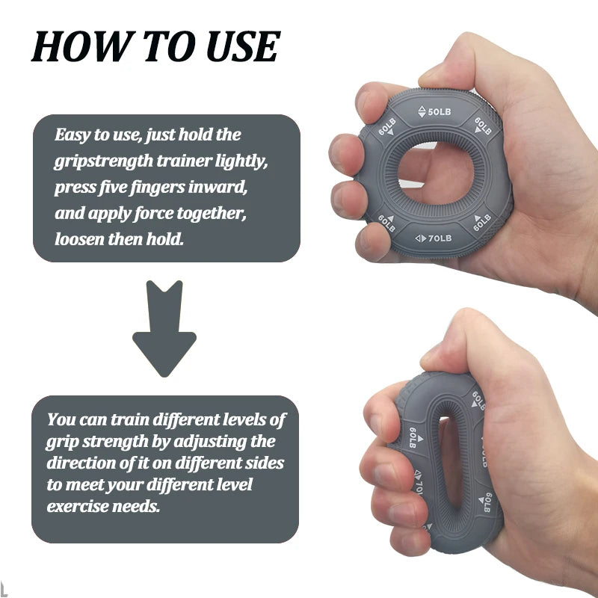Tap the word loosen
[79, 240]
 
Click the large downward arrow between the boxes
[164, 329]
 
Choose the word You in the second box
[62, 419]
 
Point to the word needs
[138, 507]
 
